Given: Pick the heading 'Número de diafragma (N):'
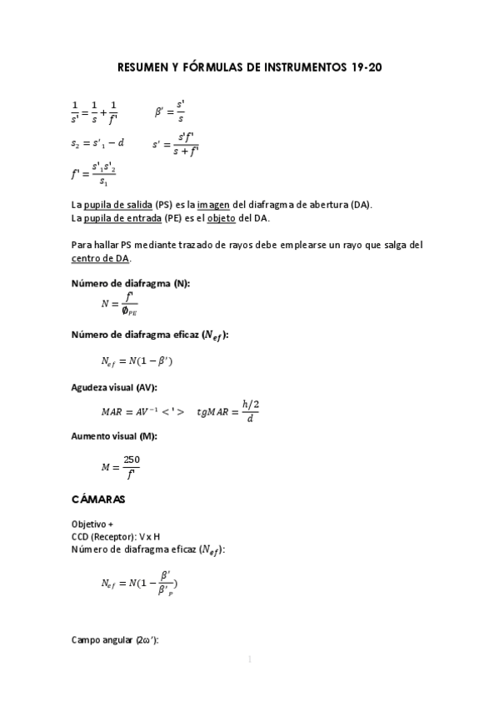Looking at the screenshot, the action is (x=130, y=284).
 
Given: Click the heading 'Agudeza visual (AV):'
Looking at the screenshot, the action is (x=115, y=387).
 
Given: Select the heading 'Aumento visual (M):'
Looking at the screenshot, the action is (x=114, y=436).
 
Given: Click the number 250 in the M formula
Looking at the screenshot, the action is (x=132, y=460).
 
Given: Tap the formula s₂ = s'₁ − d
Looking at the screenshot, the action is (x=97, y=143).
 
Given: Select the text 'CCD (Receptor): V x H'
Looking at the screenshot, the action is (x=116, y=537).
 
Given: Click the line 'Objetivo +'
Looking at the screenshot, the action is (x=92, y=525).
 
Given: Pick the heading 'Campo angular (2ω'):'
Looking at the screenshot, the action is (x=115, y=639).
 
